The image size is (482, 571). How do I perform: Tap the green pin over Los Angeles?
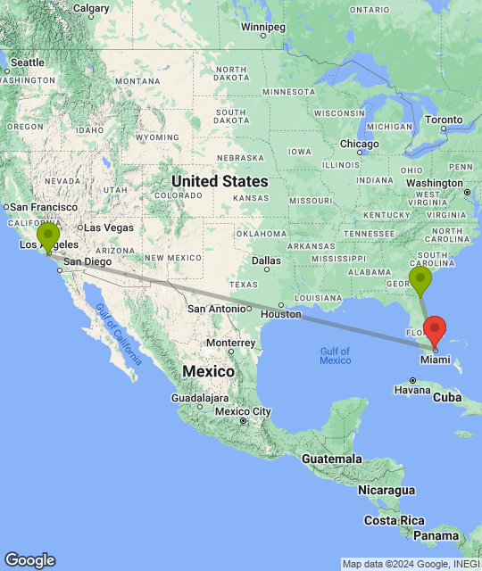(x=47, y=236)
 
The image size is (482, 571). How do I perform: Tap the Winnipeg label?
(x=262, y=26)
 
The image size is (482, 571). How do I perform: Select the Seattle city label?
(x=27, y=62)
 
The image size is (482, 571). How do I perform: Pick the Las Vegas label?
(x=109, y=228)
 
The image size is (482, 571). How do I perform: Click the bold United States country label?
(x=219, y=181)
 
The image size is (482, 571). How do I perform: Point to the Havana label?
(x=413, y=390)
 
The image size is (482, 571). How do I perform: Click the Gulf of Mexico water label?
(x=335, y=355)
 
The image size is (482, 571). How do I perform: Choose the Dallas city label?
(x=267, y=261)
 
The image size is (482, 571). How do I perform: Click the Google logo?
(x=29, y=559)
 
